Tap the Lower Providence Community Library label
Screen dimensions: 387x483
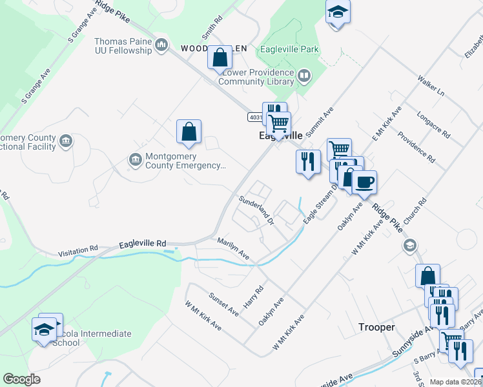[x=257, y=77]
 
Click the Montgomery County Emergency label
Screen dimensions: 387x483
[x=185, y=161]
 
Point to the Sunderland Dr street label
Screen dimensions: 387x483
[x=256, y=211]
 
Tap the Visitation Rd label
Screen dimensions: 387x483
[x=77, y=250]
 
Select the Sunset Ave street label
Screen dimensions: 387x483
[x=223, y=304]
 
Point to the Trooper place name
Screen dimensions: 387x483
[x=376, y=328]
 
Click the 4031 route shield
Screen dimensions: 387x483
[x=256, y=117]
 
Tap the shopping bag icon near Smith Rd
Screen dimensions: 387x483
[x=220, y=57]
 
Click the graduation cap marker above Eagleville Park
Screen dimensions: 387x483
[x=337, y=13]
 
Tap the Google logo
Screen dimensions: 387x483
[x=22, y=379]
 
